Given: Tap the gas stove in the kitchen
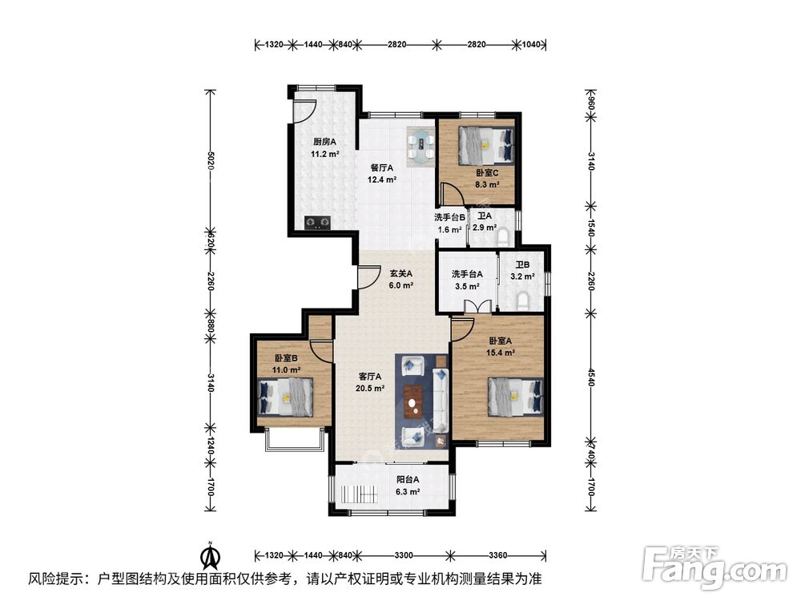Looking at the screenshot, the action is [318, 222].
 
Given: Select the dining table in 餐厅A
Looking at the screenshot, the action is [421, 146].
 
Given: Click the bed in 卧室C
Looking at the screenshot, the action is [486, 145].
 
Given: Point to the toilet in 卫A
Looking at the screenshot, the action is [503, 236].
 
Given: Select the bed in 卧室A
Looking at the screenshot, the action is [515, 397].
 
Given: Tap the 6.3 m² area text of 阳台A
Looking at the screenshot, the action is [408, 492].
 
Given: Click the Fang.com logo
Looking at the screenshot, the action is [714, 568].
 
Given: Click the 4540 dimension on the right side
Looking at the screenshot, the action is [591, 377].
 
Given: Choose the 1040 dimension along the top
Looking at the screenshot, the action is [531, 44].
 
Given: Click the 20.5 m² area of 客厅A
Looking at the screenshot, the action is [370, 389].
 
